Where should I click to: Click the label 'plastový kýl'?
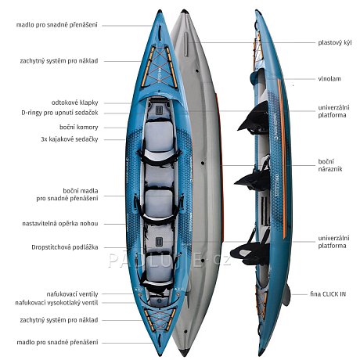pyautogui.click(x=335, y=42)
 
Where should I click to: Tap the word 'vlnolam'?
pyautogui.click(x=329, y=79)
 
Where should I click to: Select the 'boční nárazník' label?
pyautogui.click(x=330, y=165)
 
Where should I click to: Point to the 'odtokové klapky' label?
pyautogui.click(x=74, y=103)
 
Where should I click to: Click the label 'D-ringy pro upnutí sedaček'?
pyautogui.click(x=59, y=113)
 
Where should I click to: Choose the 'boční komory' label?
pyautogui.click(x=79, y=128)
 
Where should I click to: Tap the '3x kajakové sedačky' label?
pyautogui.click(x=70, y=139)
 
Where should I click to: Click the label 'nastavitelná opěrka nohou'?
pyautogui.click(x=60, y=224)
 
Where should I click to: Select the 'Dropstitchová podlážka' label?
pyautogui.click(x=65, y=247)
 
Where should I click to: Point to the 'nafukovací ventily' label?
pyautogui.click(x=72, y=294)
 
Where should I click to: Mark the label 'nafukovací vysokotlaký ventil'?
pyautogui.click(x=56, y=303)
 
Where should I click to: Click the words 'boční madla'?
pyautogui.click(x=81, y=191)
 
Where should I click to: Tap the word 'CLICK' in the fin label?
pyautogui.click(x=330, y=294)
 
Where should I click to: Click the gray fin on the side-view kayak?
pyautogui.click(x=286, y=295)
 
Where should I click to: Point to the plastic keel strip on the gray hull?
pyautogui.click(x=185, y=44)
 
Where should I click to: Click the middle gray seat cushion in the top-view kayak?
pyautogui.click(x=159, y=203)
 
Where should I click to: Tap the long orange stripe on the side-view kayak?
pyautogui.click(x=282, y=159)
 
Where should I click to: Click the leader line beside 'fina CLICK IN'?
pyautogui.click(x=299, y=294)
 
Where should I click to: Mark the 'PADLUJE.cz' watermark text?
pyautogui.click(x=170, y=259)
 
